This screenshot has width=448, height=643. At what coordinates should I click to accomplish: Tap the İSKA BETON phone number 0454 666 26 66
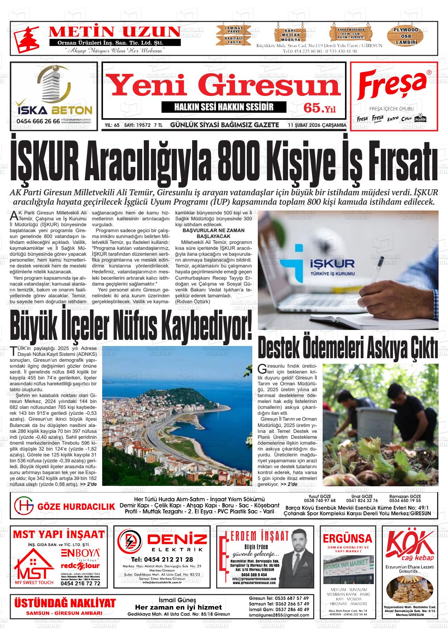click(39, 121)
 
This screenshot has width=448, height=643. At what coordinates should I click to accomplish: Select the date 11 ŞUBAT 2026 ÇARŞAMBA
click(317, 125)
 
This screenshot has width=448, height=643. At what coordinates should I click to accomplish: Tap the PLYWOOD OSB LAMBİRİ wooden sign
click(406, 36)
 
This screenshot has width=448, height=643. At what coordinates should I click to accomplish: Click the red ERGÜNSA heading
click(347, 538)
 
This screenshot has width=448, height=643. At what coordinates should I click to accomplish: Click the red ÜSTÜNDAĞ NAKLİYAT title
click(65, 603)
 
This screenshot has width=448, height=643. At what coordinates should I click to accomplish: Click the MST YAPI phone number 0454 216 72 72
click(81, 583)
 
